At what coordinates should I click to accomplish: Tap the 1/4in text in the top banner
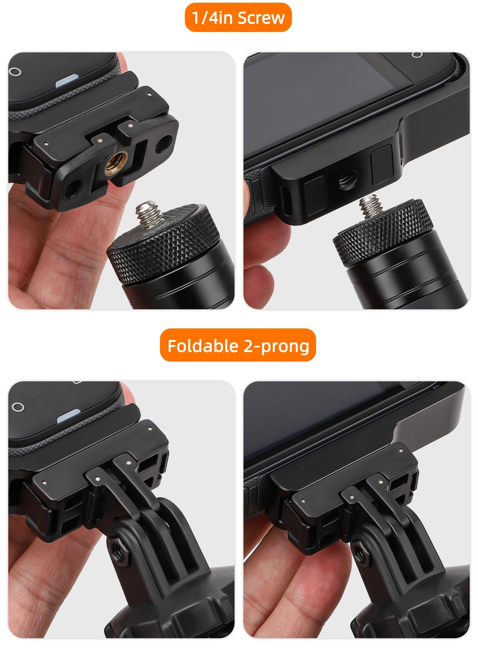[x=212, y=18]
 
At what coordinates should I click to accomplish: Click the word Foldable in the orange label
[x=203, y=346]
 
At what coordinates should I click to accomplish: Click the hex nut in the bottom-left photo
[x=119, y=551]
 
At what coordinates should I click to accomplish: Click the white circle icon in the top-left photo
[x=15, y=72]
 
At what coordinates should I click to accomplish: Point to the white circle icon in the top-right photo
[x=417, y=54]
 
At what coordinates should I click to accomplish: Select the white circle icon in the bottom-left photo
[x=18, y=407]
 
